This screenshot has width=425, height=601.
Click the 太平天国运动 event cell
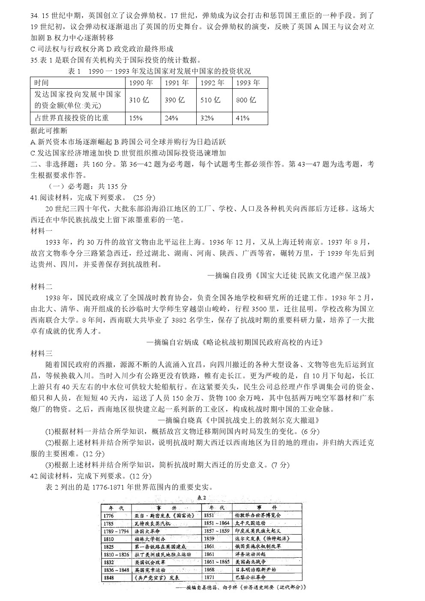(x=250, y=523)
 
